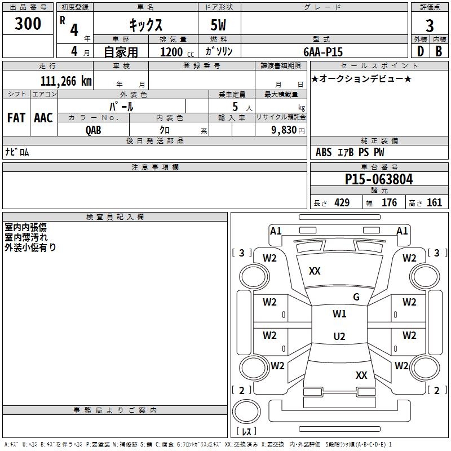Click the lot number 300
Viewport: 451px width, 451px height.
point(28,24)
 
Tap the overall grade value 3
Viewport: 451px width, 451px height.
point(430,26)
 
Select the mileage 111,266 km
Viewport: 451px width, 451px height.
point(66,81)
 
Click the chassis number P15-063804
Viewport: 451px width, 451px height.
point(379,180)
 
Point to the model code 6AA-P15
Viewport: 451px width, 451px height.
point(323,52)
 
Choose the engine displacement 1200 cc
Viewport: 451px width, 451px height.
point(172,52)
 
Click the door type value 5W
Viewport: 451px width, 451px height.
point(219,26)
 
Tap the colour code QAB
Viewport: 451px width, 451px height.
point(94,129)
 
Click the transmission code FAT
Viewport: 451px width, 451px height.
point(16,118)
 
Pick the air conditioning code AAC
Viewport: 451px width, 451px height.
point(43,118)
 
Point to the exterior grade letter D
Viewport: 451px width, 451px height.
point(420,51)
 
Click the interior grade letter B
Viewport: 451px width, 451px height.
point(439,51)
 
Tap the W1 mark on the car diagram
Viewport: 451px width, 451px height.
point(339,314)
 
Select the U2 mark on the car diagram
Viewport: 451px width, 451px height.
point(339,337)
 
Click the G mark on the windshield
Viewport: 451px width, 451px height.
point(356,297)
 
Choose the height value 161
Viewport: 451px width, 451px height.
point(434,203)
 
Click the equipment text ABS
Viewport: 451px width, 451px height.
point(324,152)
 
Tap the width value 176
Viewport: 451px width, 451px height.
point(389,203)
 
